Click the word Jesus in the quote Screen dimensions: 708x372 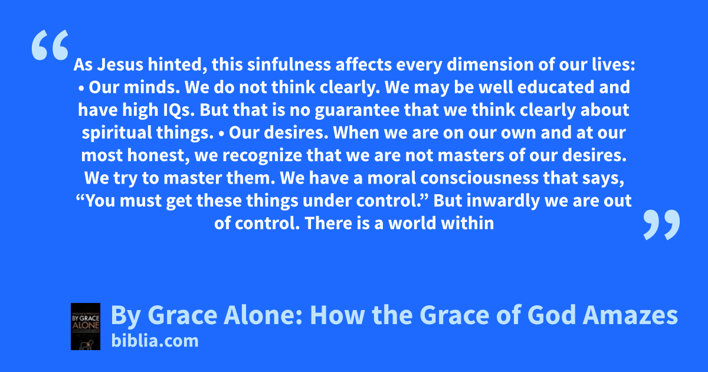tap(120, 64)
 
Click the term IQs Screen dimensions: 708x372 tap(179, 110)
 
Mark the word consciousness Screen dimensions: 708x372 tap(479, 178)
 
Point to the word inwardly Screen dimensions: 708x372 tap(503, 201)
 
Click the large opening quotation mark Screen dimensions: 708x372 tap(50, 45)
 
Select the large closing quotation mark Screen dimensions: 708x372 tap(661, 224)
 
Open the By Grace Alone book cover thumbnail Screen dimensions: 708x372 tap(86, 327)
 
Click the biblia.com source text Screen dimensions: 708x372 tap(155, 341)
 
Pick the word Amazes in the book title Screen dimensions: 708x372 tap(630, 315)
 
